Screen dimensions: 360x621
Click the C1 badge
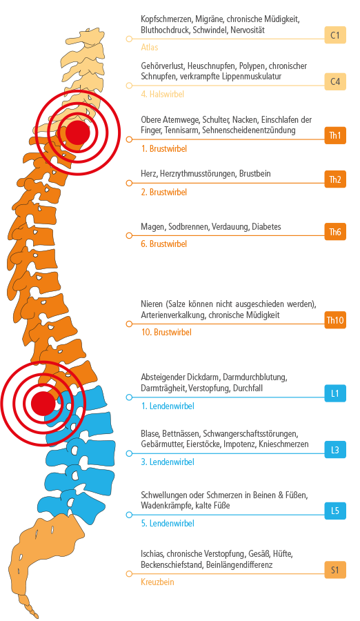tap(335, 35)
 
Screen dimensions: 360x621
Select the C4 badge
tap(335, 81)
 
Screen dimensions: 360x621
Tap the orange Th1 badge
tap(335, 135)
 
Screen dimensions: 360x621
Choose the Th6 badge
tap(335, 232)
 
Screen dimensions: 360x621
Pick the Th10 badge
tap(335, 320)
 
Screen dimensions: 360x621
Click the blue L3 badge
tap(335, 450)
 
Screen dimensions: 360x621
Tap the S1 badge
tap(335, 571)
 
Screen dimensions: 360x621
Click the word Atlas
tap(149, 47)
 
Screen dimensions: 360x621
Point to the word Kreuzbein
tap(157, 582)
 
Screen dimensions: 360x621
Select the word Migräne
tap(209, 19)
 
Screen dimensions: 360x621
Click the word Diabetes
tap(266, 227)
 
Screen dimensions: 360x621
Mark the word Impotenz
tap(239, 444)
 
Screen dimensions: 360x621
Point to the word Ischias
tap(152, 553)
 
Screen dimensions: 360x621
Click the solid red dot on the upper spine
tap(78, 132)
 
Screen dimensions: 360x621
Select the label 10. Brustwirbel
tap(166, 332)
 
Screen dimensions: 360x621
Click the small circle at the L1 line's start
tap(129, 397)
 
